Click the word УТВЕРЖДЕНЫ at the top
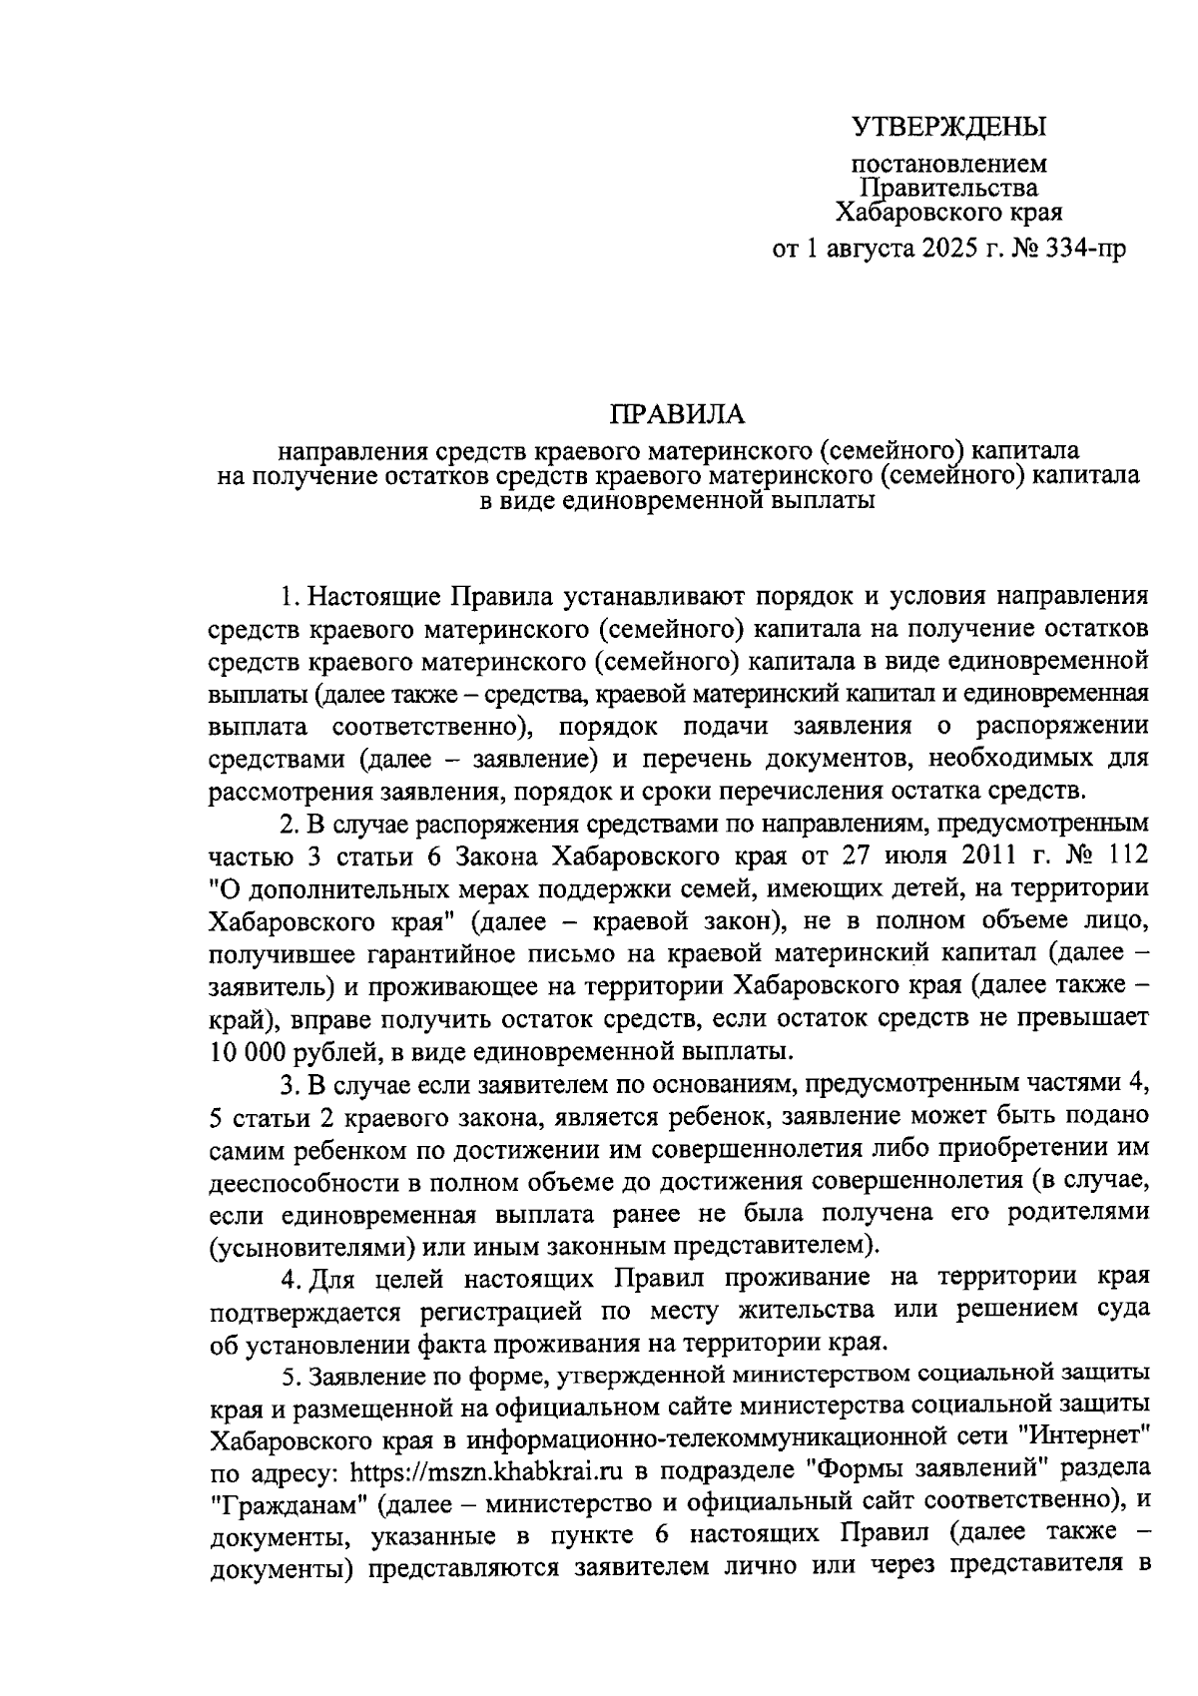click(x=948, y=127)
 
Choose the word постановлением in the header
click(x=948, y=163)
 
